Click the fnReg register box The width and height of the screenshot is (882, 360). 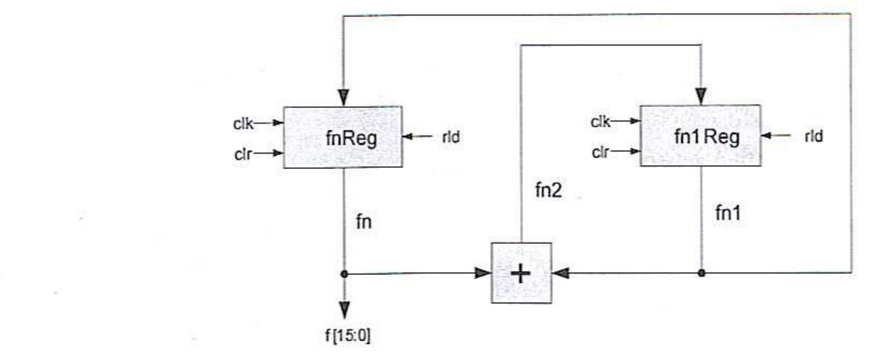coord(343,137)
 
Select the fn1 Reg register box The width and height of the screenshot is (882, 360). coord(700,136)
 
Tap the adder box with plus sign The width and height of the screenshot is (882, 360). coord(521,273)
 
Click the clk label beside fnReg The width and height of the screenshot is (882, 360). coord(243,124)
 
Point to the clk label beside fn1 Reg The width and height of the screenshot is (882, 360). coord(600,122)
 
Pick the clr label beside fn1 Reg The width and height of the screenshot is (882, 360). coord(600,152)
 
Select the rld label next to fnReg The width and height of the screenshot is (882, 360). coord(450,137)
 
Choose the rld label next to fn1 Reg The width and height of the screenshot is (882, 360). coord(813,136)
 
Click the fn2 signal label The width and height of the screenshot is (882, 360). coord(548,190)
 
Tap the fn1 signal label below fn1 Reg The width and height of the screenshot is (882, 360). coord(728,213)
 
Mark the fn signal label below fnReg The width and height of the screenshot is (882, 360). coord(363,221)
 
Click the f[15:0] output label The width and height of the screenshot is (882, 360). coord(348,336)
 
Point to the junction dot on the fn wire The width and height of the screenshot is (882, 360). coord(344,274)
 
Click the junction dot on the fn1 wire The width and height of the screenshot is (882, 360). coord(701,273)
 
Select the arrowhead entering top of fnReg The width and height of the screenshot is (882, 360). coord(344,98)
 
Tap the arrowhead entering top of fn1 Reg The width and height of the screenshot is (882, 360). coord(701,96)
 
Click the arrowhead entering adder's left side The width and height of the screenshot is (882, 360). coord(483,273)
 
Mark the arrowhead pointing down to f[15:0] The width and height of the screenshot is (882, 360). coord(344,310)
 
